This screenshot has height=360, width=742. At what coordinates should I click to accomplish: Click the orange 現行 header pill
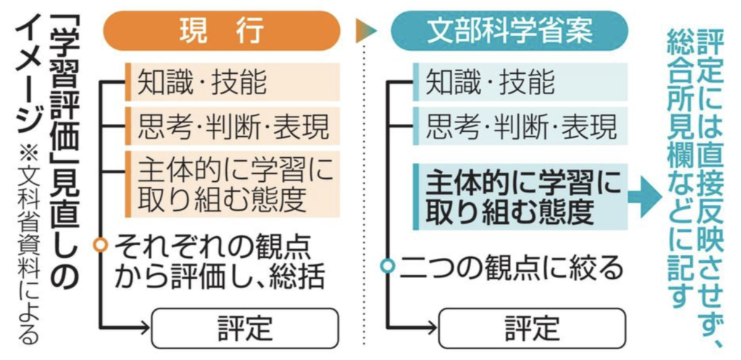click(222, 31)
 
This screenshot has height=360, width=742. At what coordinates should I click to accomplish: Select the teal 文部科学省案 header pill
click(509, 31)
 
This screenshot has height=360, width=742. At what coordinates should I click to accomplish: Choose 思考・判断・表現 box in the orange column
click(233, 126)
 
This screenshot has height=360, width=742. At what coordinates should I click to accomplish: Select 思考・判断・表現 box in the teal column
click(520, 126)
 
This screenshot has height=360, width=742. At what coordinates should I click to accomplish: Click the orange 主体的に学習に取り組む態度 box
click(233, 184)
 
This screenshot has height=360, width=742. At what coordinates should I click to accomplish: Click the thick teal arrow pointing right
click(644, 197)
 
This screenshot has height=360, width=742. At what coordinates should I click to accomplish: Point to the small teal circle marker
click(388, 266)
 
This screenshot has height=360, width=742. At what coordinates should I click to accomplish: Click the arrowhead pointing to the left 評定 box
click(142, 327)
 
